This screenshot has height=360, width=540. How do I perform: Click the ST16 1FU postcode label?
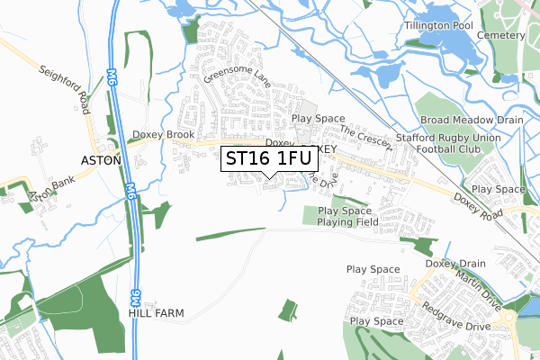coord(269,158)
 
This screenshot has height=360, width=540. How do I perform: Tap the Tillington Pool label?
coord(438,25)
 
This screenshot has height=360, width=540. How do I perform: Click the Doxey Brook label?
coord(163,135)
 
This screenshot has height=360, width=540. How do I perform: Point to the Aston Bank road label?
coord(40,187)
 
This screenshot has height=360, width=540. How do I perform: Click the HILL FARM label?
coord(157,314)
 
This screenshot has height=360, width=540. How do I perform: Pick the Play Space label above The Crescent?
coord(319,118)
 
